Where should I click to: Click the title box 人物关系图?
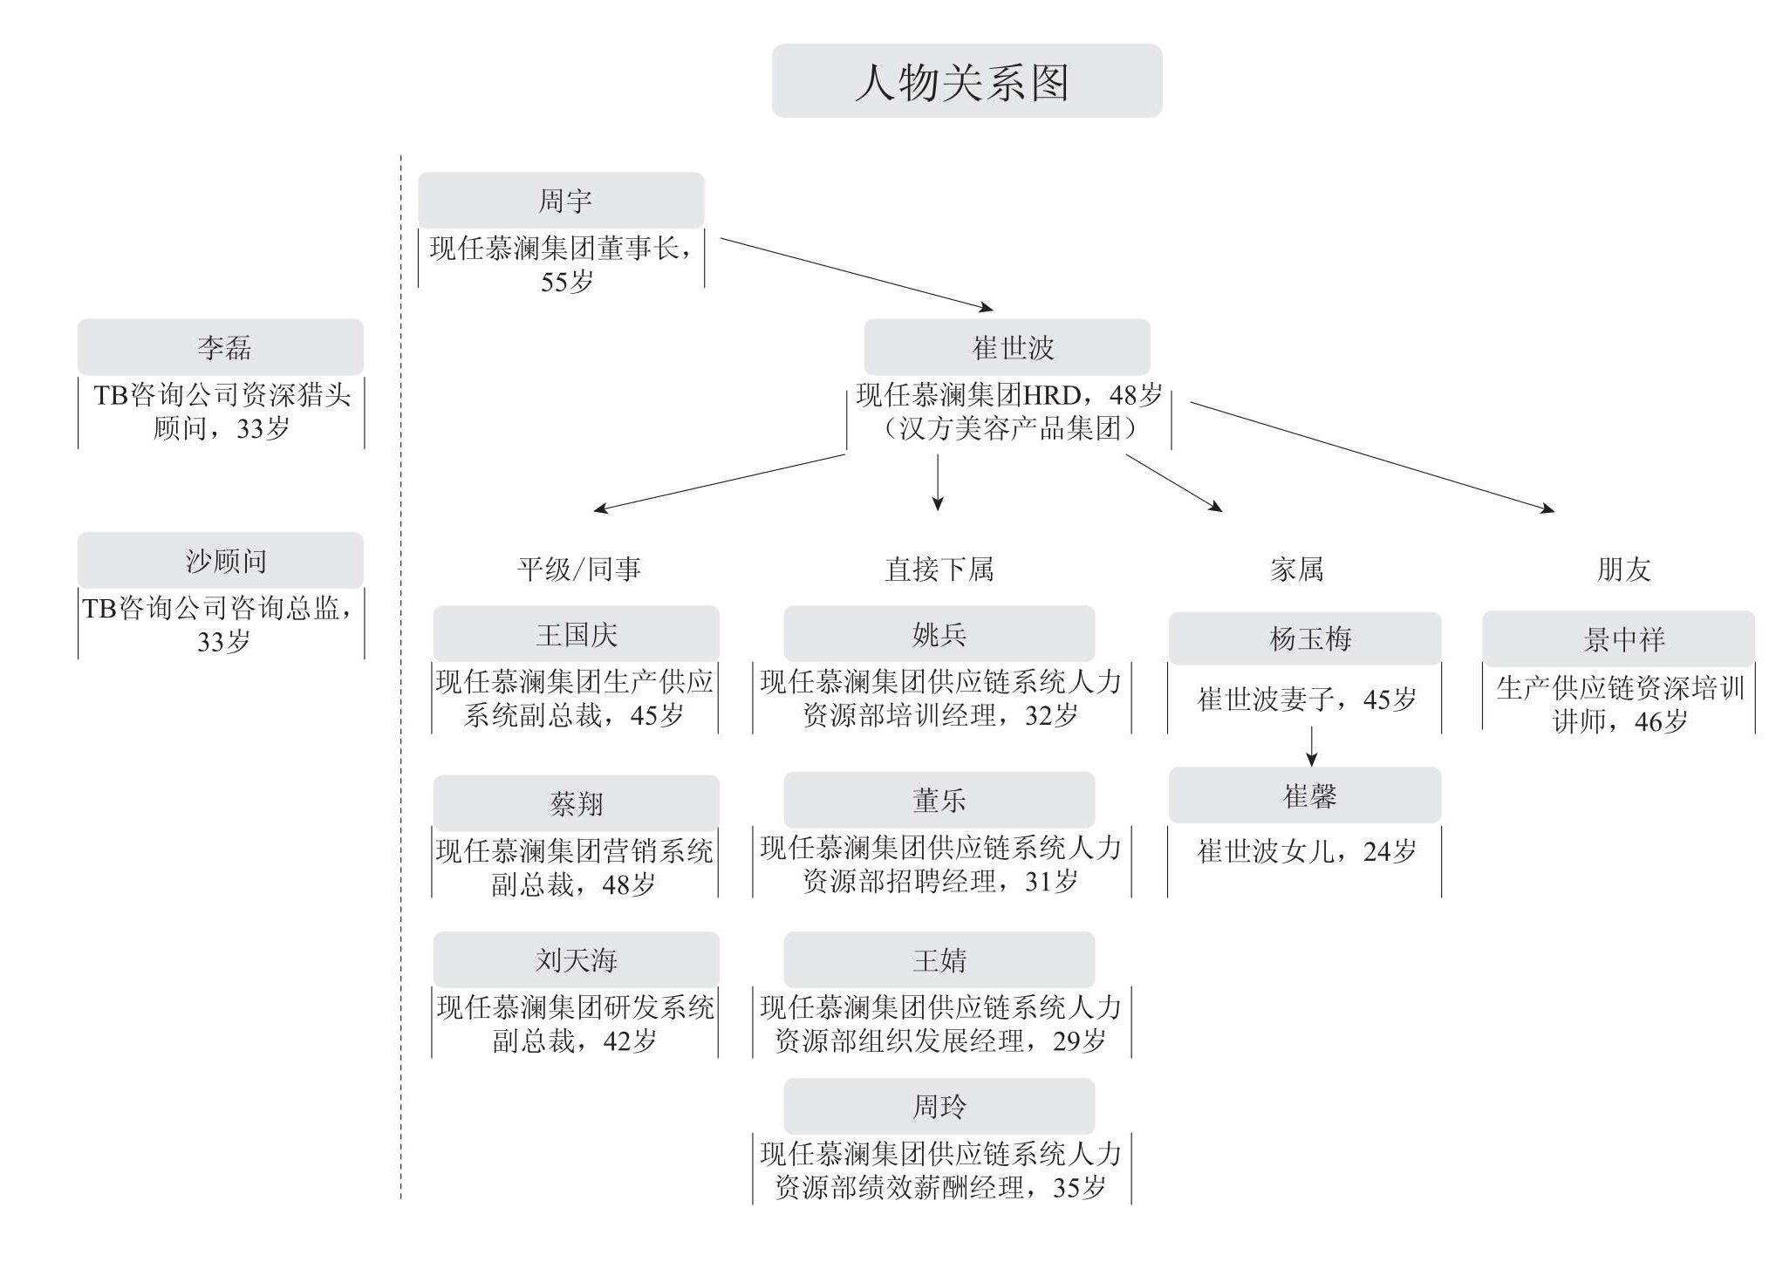pyautogui.click(x=967, y=81)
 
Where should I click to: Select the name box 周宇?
pyautogui.click(x=561, y=201)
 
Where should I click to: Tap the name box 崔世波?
pyautogui.click(x=1007, y=347)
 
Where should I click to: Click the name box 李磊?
pyautogui.click(x=221, y=347)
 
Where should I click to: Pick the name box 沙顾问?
pyautogui.click(x=221, y=560)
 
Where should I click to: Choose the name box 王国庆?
pyautogui.click(x=576, y=634)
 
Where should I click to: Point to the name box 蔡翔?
pyautogui.click(x=576, y=803)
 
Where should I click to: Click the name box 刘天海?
pyautogui.click(x=576, y=960)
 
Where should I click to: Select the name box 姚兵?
pyautogui.click(x=939, y=634)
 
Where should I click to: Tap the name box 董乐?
pyautogui.click(x=939, y=800)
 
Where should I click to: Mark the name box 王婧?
pyautogui.click(x=939, y=960)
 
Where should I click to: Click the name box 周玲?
pyautogui.click(x=939, y=1107)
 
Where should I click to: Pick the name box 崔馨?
pyautogui.click(x=1305, y=795)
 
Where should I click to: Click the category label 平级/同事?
pyautogui.click(x=579, y=570)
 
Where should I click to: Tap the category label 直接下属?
pyautogui.click(x=939, y=570)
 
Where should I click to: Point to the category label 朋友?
pyautogui.click(x=1623, y=570)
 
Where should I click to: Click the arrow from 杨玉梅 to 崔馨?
pyautogui.click(x=1311, y=746)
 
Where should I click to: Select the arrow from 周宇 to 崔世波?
pyautogui.click(x=857, y=274)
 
